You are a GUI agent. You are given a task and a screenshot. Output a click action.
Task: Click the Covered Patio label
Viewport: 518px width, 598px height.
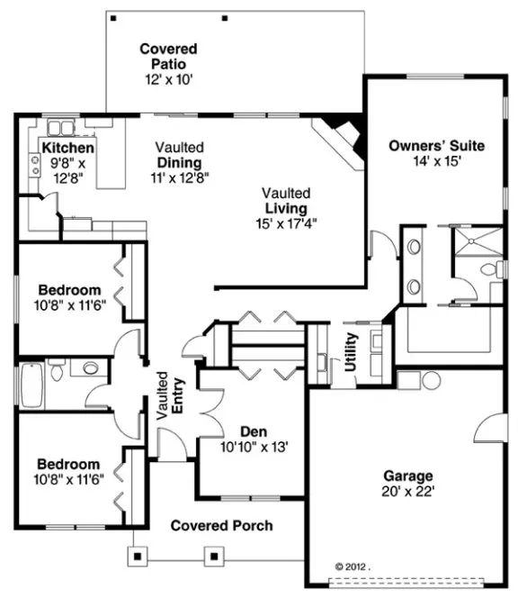point(168,49)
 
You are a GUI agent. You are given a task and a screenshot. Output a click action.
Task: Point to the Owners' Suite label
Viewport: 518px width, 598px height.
point(436,146)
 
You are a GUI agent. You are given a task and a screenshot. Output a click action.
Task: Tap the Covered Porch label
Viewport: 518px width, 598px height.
point(221,525)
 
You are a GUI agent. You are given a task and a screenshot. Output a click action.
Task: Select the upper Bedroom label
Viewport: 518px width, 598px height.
point(69,290)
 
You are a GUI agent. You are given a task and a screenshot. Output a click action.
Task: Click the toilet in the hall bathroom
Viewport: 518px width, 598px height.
point(58,369)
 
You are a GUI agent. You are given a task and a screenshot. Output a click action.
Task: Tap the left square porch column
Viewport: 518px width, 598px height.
point(137,556)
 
